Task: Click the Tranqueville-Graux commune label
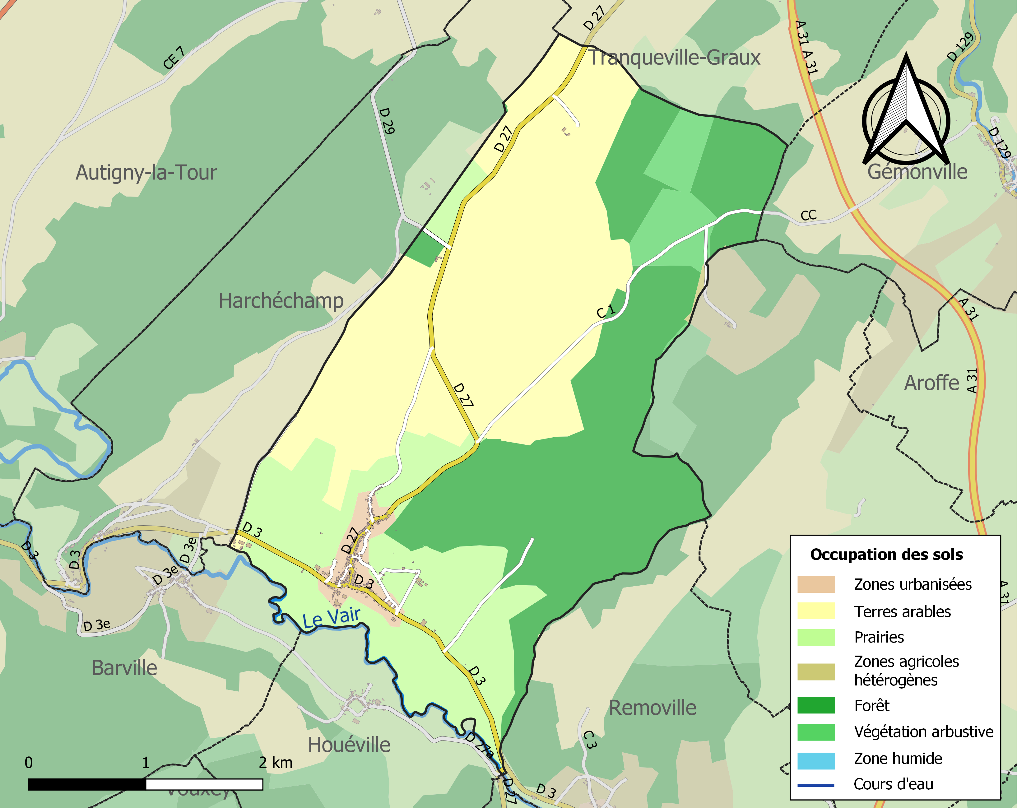click(675, 58)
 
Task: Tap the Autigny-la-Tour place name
click(146, 173)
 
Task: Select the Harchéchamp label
click(281, 301)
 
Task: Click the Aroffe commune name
click(931, 383)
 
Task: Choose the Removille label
click(652, 708)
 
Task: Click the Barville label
click(124, 668)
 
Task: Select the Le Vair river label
click(331, 618)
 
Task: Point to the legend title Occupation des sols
click(886, 555)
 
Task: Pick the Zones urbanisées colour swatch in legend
click(815, 584)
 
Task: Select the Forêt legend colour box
click(815, 705)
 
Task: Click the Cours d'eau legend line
click(815, 785)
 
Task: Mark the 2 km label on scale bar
click(276, 763)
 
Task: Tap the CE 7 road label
click(174, 58)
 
